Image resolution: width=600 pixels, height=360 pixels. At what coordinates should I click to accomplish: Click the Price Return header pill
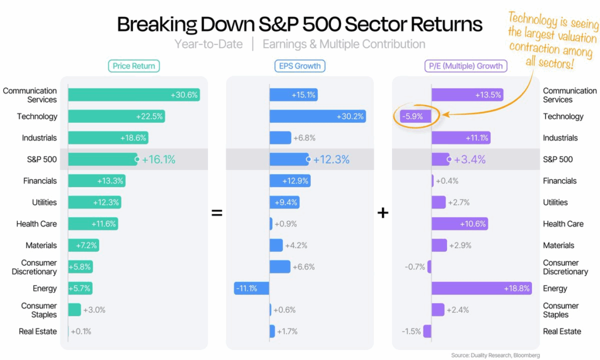pyautogui.click(x=134, y=66)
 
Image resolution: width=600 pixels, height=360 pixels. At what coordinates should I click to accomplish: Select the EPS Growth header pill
pyautogui.click(x=299, y=66)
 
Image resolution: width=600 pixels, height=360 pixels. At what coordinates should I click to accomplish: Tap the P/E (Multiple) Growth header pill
pyautogui.click(x=465, y=66)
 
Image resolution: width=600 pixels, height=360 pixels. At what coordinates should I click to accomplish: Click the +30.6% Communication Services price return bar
pyautogui.click(x=134, y=95)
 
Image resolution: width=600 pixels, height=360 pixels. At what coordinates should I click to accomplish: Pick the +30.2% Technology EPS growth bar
pyautogui.click(x=317, y=117)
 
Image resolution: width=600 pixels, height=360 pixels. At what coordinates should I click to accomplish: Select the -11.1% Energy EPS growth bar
pyautogui.click(x=251, y=288)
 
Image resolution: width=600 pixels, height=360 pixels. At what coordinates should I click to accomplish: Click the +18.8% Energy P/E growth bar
pyautogui.click(x=481, y=288)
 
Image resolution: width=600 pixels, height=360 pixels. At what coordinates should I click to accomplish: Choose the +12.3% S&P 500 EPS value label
pyautogui.click(x=331, y=159)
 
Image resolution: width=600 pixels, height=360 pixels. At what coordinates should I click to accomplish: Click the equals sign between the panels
pyautogui.click(x=217, y=213)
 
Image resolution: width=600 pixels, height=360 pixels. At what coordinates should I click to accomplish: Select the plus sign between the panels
pyautogui.click(x=383, y=213)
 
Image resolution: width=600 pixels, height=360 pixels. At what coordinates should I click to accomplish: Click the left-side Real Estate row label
pyautogui.click(x=37, y=331)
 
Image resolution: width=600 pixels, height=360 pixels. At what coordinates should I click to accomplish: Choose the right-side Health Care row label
pyautogui.click(x=562, y=224)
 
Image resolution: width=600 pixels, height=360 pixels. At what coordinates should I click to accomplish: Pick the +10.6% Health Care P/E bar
pyautogui.click(x=459, y=224)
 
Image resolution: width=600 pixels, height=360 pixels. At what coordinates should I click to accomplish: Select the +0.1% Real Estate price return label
pyautogui.click(x=81, y=331)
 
